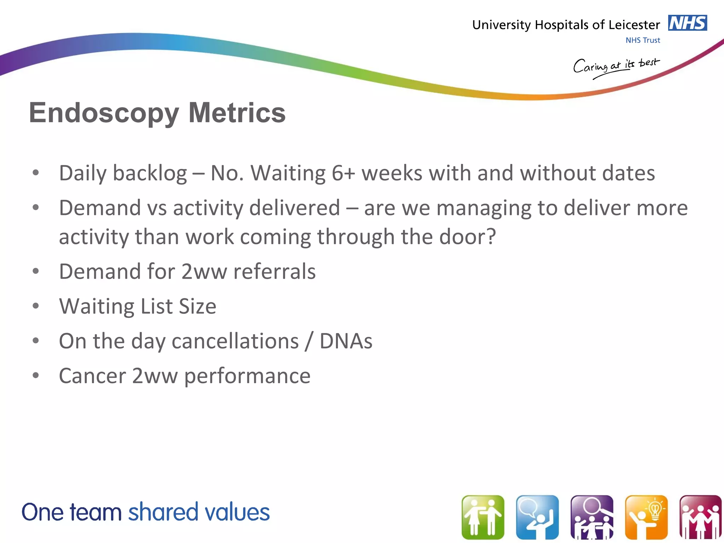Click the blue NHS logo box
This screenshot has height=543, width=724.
pos(687,23)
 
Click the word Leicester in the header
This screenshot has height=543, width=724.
pos(634,25)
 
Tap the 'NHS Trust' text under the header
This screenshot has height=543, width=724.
pos(642,40)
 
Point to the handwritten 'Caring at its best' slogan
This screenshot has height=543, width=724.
pos(616,66)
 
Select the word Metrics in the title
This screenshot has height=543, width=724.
pos(237,112)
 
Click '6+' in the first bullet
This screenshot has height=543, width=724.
pos(343,173)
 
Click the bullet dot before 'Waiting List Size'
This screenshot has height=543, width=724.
pos(35,306)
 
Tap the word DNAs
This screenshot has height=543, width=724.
pos(346,341)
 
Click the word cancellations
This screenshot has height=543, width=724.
pos(235,341)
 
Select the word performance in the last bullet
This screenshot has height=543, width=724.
pos(247,376)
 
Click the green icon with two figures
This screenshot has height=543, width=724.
pos(483,517)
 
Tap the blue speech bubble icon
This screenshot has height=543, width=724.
pos(537,517)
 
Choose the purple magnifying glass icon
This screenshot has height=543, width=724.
pos(592,517)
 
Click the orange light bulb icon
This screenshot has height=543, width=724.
pos(646,517)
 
